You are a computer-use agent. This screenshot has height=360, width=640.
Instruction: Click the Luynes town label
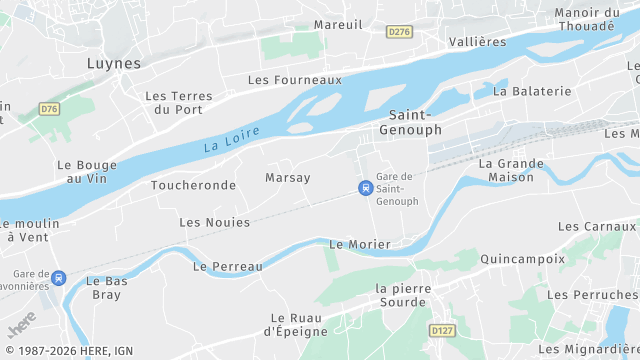pyautogui.click(x=113, y=62)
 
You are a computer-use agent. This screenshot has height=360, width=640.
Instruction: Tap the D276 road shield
pyautogui.click(x=399, y=32)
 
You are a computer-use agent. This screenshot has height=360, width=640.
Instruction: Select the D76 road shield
pyautogui.click(x=50, y=108)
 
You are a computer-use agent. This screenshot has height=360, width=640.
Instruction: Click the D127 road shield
pyautogui.click(x=442, y=329)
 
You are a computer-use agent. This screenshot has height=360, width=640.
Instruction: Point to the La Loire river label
pyautogui.click(x=231, y=139)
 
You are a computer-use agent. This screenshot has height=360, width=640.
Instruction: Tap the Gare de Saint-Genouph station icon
pyautogui.click(x=366, y=187)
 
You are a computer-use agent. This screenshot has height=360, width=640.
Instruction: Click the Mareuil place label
pyautogui.click(x=338, y=24)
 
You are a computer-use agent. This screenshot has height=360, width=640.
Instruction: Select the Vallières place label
pyautogui.click(x=478, y=41)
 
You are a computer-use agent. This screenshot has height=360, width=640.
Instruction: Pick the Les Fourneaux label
pyautogui.click(x=294, y=79)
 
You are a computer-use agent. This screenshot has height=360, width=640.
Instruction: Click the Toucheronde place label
pyautogui.click(x=193, y=185)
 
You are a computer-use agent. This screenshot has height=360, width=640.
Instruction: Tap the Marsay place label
pyautogui.click(x=288, y=177)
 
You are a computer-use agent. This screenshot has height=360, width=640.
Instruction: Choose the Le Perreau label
pyautogui.click(x=228, y=267)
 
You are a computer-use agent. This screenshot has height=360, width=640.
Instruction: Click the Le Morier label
pyautogui.click(x=360, y=244)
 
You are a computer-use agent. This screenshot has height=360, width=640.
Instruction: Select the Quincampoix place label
pyautogui.click(x=522, y=258)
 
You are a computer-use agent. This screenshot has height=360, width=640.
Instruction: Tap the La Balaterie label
pyautogui.click(x=532, y=90)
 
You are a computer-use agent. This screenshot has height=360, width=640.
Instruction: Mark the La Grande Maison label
pyautogui.click(x=510, y=170)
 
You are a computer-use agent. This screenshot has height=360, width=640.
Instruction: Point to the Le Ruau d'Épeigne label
pyautogui.click(x=299, y=325)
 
